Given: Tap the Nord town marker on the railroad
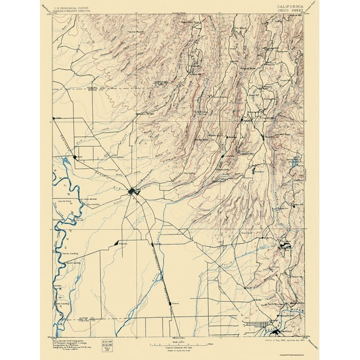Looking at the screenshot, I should pos(75,157).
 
